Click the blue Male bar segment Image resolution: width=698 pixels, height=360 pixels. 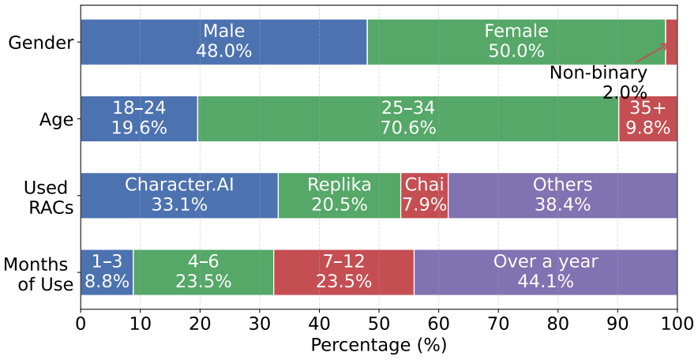(x=224, y=43)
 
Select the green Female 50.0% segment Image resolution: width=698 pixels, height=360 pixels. (x=516, y=43)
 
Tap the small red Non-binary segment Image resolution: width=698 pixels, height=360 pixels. (x=671, y=43)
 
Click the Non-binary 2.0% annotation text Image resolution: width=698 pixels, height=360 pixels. (x=599, y=82)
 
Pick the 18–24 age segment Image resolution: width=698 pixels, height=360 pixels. (x=139, y=118)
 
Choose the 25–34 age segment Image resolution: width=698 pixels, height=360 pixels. (x=408, y=118)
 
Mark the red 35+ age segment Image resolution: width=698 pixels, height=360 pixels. (x=648, y=118)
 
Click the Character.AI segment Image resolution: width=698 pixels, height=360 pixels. (x=179, y=195)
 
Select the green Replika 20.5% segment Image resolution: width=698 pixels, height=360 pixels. (x=340, y=195)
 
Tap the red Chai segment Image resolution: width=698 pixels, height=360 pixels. (x=425, y=195)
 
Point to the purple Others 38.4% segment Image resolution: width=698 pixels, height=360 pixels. (x=563, y=195)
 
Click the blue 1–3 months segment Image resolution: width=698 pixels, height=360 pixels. (x=107, y=272)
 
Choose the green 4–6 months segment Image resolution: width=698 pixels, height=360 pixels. (x=204, y=272)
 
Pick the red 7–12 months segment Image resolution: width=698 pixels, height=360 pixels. (x=343, y=272)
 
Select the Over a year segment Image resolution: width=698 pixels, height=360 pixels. (x=546, y=272)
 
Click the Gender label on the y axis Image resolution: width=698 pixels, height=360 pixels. (x=41, y=43)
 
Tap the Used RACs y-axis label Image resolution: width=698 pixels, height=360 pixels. (x=48, y=197)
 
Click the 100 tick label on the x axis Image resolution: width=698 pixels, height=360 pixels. (x=677, y=324)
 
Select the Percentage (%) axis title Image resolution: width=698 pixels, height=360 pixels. (x=378, y=345)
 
